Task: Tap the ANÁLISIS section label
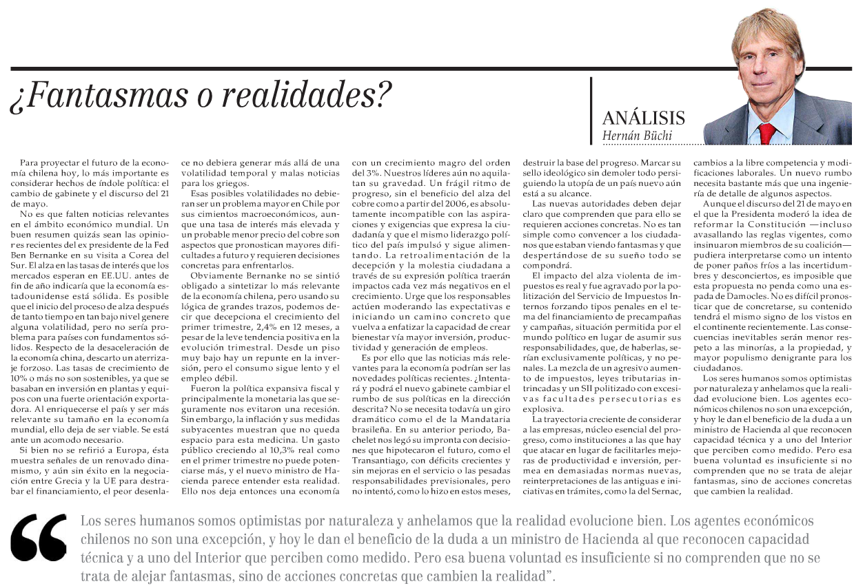tap(643, 117)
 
